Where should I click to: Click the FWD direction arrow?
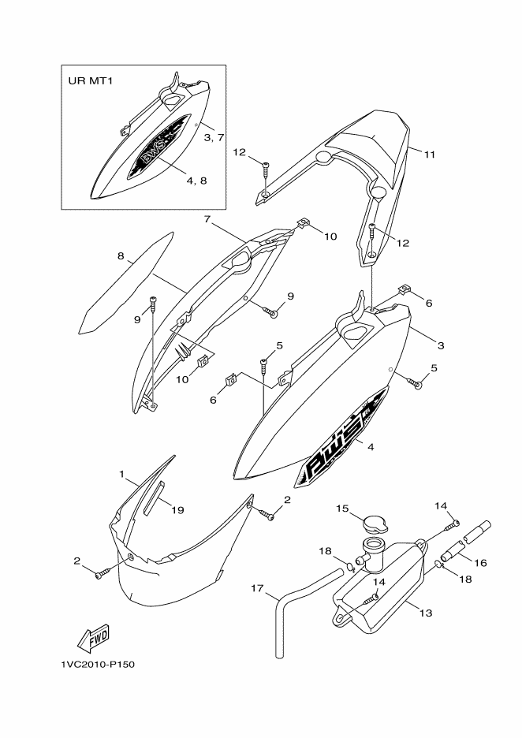pos(94,638)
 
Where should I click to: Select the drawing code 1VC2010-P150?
pos(98,665)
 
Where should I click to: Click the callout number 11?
pos(430,155)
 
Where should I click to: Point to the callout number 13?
pos(426,613)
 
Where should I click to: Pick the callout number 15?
pos(342,509)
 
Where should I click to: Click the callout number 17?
pos(257,588)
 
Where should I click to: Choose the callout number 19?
pos(177,509)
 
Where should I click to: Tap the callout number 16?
pos(481,562)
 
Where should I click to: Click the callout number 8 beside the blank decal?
pos(121,256)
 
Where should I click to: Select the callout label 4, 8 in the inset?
pos(196,181)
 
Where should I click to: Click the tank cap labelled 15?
pos(375,524)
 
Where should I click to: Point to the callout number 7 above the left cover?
pos(207,219)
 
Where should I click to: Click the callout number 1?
pos(122,474)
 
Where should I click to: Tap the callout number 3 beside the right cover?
pos(441,345)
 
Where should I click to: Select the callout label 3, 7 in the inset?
pos(214,137)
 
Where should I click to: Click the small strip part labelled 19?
pos(155,498)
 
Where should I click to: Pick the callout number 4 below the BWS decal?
pos(371,447)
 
